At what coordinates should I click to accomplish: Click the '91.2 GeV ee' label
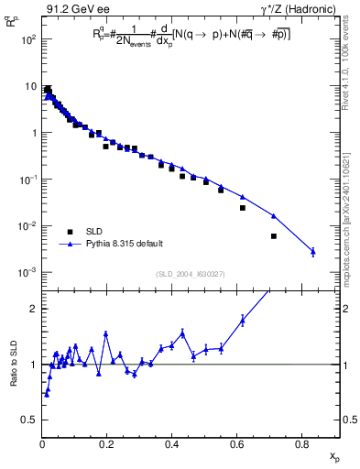tap(75, 10)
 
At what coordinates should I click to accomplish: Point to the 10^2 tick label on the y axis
tap(29, 39)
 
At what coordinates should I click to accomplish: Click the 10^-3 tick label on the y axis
tap(28, 273)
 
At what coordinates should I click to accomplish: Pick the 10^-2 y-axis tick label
tap(28, 226)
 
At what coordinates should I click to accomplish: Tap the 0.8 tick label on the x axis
tap(302, 444)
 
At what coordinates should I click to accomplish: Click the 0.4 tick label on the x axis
tap(172, 444)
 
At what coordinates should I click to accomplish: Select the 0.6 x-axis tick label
tap(237, 444)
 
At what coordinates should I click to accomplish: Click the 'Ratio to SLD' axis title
tap(14, 364)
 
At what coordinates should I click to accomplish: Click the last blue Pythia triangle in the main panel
tap(313, 251)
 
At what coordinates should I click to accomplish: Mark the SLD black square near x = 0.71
tap(274, 235)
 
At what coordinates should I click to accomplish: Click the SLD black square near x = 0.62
tap(243, 208)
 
